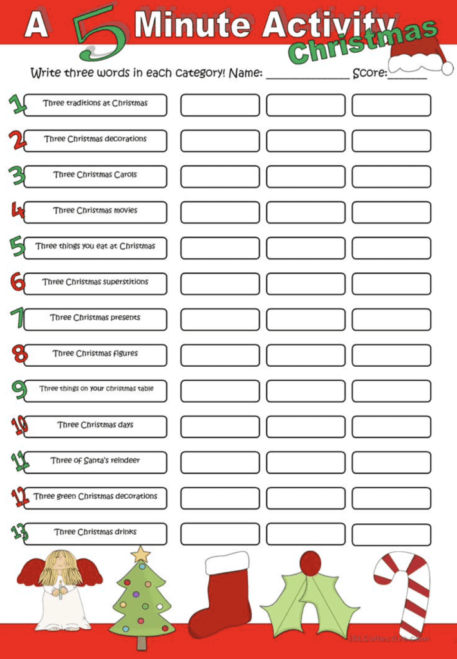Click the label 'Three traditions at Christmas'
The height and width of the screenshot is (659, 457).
(x=95, y=104)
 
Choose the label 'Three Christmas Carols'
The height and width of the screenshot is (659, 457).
(x=95, y=175)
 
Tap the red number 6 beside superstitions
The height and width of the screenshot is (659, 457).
(x=17, y=282)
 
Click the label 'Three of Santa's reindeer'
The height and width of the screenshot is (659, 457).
(x=95, y=461)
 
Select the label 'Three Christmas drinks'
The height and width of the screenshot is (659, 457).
(x=95, y=532)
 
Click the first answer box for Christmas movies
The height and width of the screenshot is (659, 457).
(x=219, y=212)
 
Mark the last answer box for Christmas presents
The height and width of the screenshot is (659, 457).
(x=391, y=320)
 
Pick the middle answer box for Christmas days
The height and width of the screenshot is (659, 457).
(x=305, y=427)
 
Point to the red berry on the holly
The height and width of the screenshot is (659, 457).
(x=310, y=563)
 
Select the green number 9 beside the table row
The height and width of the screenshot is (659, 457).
(x=18, y=389)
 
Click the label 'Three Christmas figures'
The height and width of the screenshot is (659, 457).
(x=95, y=353)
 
